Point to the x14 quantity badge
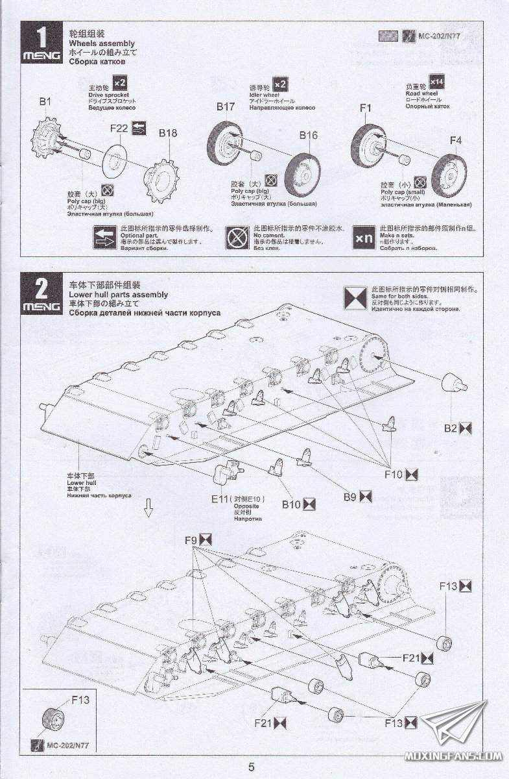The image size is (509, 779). tap(436, 81)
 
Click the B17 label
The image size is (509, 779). tap(226, 106)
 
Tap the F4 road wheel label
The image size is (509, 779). tap(456, 140)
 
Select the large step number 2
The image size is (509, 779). tap(41, 288)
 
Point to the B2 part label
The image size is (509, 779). tap(451, 428)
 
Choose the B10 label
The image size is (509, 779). tap(291, 504)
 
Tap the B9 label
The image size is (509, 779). tap(350, 497)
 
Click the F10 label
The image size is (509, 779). tap(394, 475)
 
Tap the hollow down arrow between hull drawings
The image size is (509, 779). tap(148, 507)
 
